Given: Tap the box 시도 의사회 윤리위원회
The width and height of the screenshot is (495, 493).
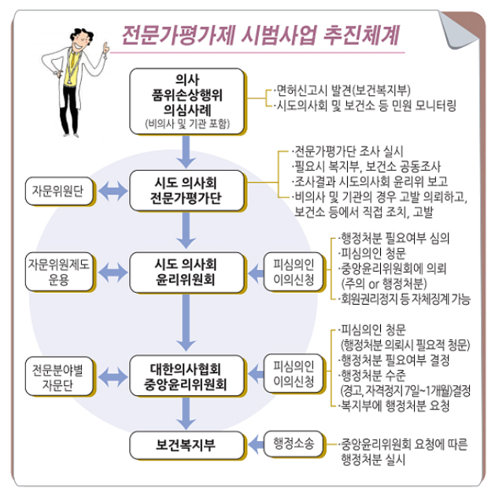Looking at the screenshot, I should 183,272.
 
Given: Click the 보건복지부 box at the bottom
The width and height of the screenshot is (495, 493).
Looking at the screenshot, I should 183,446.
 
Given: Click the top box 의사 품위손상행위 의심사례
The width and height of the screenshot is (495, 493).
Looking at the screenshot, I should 183,100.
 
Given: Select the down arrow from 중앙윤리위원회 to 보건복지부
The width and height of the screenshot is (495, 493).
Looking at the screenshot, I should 183,414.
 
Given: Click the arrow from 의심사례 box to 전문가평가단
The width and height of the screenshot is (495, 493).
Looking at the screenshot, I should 183,150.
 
